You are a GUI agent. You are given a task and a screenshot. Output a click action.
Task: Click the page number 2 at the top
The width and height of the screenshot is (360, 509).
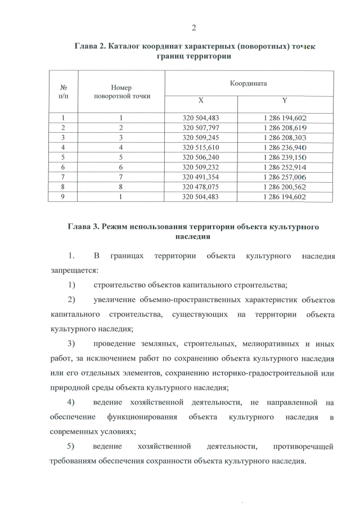193,28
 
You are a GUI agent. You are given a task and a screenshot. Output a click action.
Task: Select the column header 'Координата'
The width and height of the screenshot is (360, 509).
248,83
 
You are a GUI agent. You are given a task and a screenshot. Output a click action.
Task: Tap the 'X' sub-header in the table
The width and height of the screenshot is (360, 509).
200,101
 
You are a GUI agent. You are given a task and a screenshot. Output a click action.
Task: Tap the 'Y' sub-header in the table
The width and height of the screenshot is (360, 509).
285,101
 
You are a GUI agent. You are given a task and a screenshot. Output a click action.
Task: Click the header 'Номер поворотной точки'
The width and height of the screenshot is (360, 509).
123,92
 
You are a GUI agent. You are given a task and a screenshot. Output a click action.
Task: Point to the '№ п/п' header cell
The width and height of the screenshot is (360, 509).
64,92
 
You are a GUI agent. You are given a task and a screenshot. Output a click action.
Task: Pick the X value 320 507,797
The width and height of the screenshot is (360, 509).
201,128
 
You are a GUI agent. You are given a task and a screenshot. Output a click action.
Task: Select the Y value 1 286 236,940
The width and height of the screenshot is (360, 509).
285,147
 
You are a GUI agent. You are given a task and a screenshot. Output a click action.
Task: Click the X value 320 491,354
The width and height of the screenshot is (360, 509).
201,177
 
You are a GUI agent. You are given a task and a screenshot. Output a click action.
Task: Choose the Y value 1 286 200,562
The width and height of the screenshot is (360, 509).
285,186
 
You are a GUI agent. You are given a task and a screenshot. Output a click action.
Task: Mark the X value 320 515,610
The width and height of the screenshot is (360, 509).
201,147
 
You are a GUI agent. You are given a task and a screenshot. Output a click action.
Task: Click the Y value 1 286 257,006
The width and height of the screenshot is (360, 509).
285,177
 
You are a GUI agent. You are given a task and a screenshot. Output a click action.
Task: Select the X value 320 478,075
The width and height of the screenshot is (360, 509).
201,186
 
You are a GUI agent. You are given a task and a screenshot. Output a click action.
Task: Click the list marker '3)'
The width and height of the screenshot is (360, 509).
71,343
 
